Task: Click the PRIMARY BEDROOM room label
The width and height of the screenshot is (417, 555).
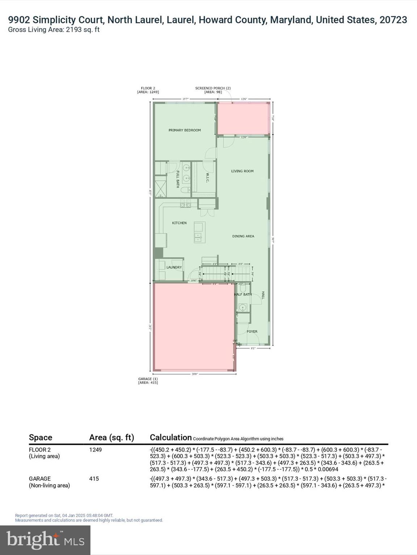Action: (185, 130)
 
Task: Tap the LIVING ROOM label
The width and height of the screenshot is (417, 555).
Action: (242, 171)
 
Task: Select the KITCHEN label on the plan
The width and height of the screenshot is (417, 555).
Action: (179, 223)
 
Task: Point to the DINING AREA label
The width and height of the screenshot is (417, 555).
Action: (243, 236)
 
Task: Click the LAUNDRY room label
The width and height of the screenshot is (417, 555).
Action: (174, 267)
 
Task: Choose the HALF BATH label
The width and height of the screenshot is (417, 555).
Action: (243, 294)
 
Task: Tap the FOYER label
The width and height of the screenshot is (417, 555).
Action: (252, 331)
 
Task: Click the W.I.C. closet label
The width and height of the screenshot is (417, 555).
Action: (207, 178)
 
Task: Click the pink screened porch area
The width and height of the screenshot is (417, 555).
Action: (243, 119)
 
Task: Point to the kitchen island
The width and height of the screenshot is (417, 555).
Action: (199, 232)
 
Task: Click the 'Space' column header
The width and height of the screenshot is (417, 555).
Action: (41, 438)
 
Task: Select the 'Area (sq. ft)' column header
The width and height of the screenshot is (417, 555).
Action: (111, 438)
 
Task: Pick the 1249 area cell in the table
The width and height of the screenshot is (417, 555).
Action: (96, 450)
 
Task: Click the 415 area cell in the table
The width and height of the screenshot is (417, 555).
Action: (94, 479)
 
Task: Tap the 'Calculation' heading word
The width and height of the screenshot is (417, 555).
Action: (170, 437)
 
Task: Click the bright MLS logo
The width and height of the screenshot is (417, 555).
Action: (45, 540)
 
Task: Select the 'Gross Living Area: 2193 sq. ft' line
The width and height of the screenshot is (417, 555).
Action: (54, 30)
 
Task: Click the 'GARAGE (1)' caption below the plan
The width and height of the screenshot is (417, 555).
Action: (148, 379)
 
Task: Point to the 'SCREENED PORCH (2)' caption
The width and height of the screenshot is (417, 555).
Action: (213, 88)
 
